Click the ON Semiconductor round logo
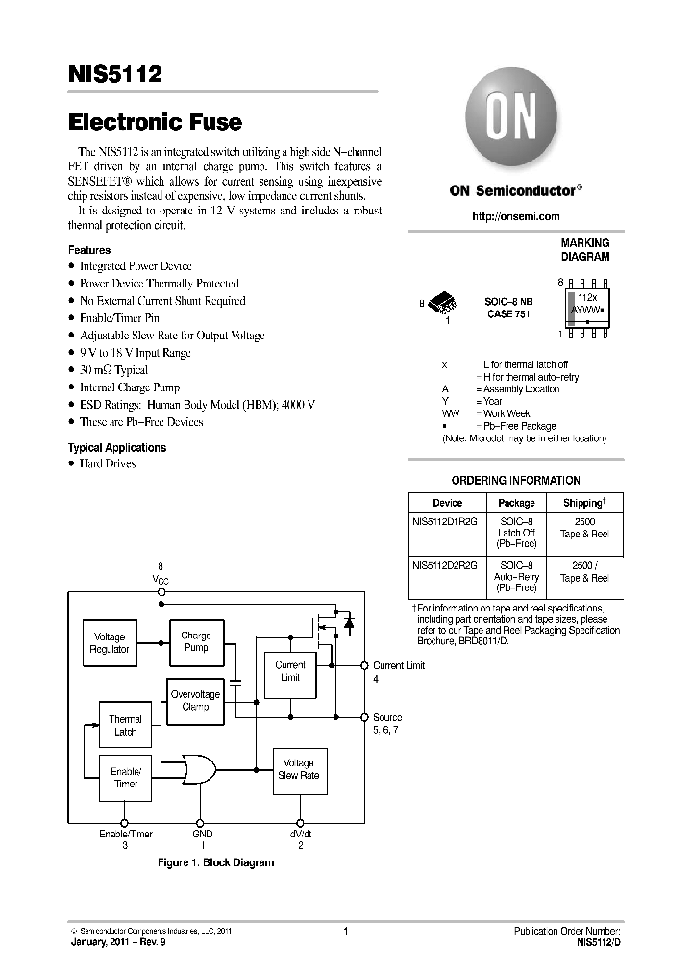tap(515, 123)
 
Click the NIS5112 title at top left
tap(114, 74)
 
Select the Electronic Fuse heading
tap(155, 123)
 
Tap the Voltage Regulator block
tap(110, 643)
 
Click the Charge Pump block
tap(195, 641)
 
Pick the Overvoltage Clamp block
tap(195, 700)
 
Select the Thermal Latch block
tap(125, 725)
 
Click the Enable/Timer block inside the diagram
tap(126, 777)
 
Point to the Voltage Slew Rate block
tap(299, 769)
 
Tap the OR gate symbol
tap(199, 767)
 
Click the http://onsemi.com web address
tap(515, 217)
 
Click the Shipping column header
tap(583, 502)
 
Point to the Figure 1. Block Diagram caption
tap(215, 862)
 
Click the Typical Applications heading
tap(116, 448)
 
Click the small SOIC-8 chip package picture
tap(445, 304)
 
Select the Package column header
tap(516, 502)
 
